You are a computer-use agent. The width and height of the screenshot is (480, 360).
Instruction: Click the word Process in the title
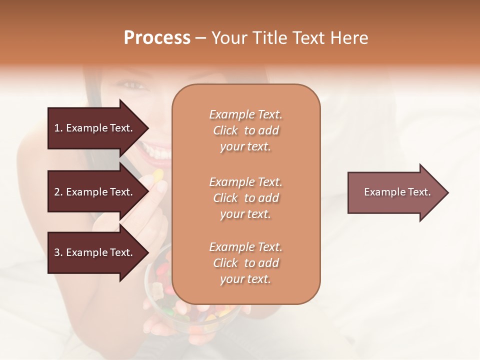click(x=157, y=38)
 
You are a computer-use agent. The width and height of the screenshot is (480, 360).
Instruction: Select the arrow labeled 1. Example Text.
click(x=95, y=128)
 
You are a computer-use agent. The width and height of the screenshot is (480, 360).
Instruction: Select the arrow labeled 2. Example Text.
click(x=95, y=192)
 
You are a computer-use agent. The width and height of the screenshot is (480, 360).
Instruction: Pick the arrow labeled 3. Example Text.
click(x=95, y=252)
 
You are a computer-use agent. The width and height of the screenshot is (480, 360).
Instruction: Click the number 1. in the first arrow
click(x=58, y=128)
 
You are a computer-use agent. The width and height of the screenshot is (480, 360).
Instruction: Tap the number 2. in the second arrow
click(x=58, y=192)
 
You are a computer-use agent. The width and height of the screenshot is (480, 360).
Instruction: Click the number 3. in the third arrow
click(x=58, y=252)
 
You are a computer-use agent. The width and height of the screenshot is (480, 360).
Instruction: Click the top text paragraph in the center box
click(x=245, y=130)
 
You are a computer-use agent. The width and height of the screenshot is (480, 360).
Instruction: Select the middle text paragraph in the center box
click(x=245, y=198)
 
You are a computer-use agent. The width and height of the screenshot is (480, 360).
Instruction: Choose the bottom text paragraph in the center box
click(x=245, y=263)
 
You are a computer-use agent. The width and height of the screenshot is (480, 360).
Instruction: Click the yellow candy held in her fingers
click(x=157, y=175)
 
